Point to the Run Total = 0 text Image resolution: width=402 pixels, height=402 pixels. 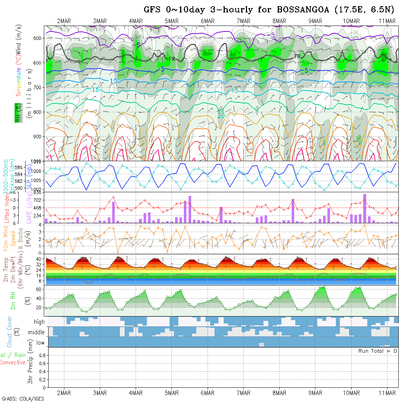pos(378,351)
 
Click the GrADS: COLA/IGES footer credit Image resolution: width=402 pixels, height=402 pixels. pos(23,399)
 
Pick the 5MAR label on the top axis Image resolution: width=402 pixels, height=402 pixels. pos(171,21)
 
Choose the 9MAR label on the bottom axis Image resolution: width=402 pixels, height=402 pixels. pos(315,393)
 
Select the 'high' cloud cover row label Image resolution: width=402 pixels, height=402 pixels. pos(39,322)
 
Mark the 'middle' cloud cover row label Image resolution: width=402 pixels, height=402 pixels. pos(37,333)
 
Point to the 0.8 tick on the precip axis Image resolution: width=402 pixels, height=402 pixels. pos(41,355)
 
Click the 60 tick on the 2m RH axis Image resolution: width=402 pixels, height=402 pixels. pos(41,289)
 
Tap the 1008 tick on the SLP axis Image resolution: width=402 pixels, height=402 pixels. pos(39,171)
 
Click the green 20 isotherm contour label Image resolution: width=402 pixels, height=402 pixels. pos(221,115)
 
